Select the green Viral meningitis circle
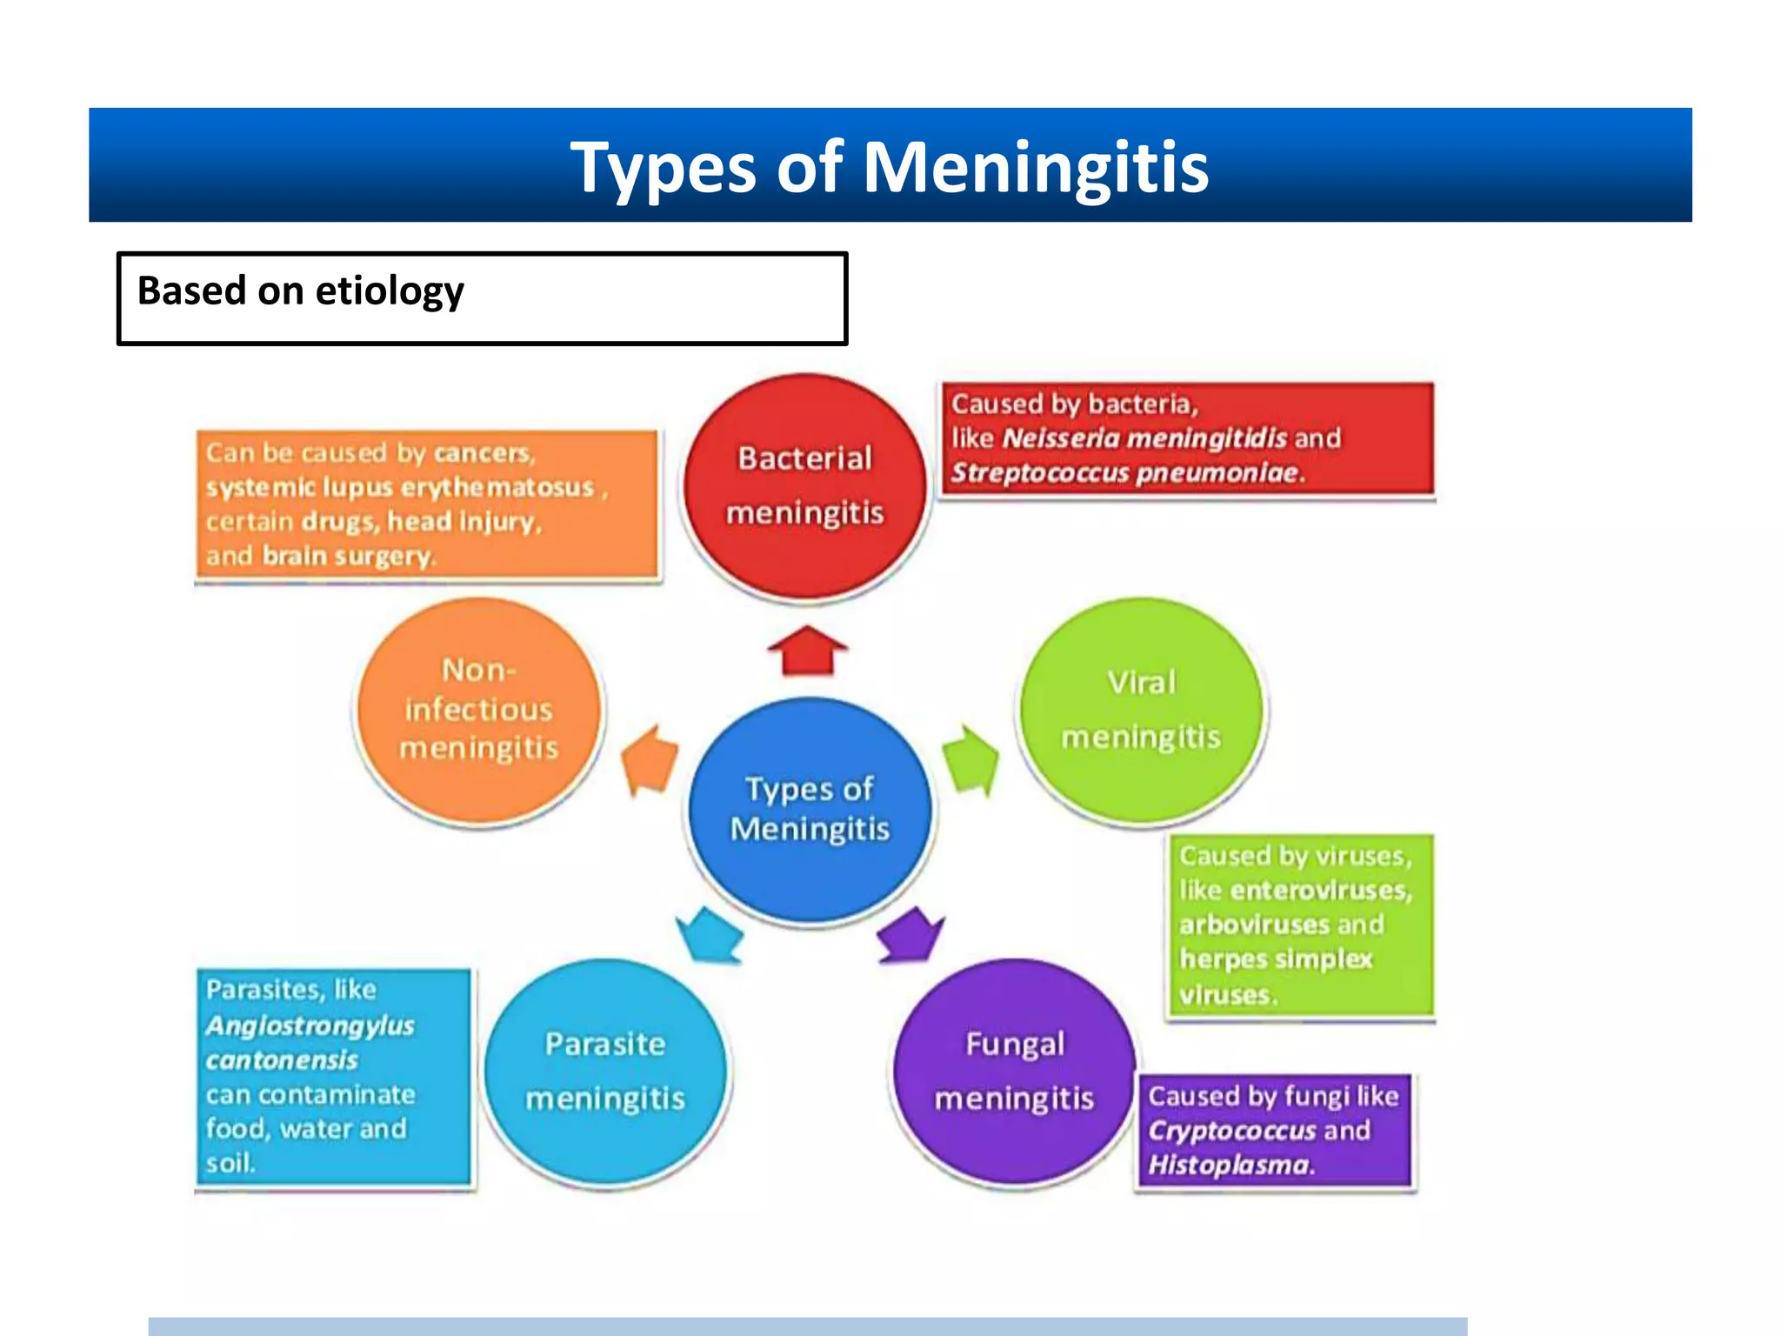[1141, 710]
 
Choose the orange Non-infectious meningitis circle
[478, 710]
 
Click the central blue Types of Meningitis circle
[810, 809]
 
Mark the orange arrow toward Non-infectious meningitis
[650, 759]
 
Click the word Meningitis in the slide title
[1035, 167]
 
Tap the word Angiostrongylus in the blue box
[310, 1025]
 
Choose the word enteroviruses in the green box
[1321, 891]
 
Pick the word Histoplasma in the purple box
[1229, 1166]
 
